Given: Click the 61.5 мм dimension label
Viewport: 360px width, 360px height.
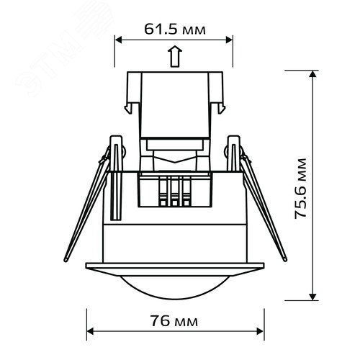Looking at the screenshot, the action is [x=175, y=30].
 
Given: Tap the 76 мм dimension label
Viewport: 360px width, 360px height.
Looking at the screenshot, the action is [x=174, y=321].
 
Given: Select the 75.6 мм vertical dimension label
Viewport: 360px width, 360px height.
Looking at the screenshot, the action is [x=301, y=189].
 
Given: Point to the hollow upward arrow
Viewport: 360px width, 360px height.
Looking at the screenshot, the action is [x=175, y=56].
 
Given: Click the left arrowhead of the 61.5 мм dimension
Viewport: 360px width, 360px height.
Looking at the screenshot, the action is [x=119, y=40].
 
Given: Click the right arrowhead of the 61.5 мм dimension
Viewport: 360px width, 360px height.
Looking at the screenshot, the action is [x=229, y=40].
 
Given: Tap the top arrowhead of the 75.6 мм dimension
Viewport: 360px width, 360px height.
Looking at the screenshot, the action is [x=312, y=74].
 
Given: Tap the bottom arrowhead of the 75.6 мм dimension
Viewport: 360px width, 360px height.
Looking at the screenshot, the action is [x=312, y=297].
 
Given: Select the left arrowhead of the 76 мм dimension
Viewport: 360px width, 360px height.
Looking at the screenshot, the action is [x=90, y=331].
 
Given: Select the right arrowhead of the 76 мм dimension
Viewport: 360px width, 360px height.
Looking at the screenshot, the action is [x=260, y=331].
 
